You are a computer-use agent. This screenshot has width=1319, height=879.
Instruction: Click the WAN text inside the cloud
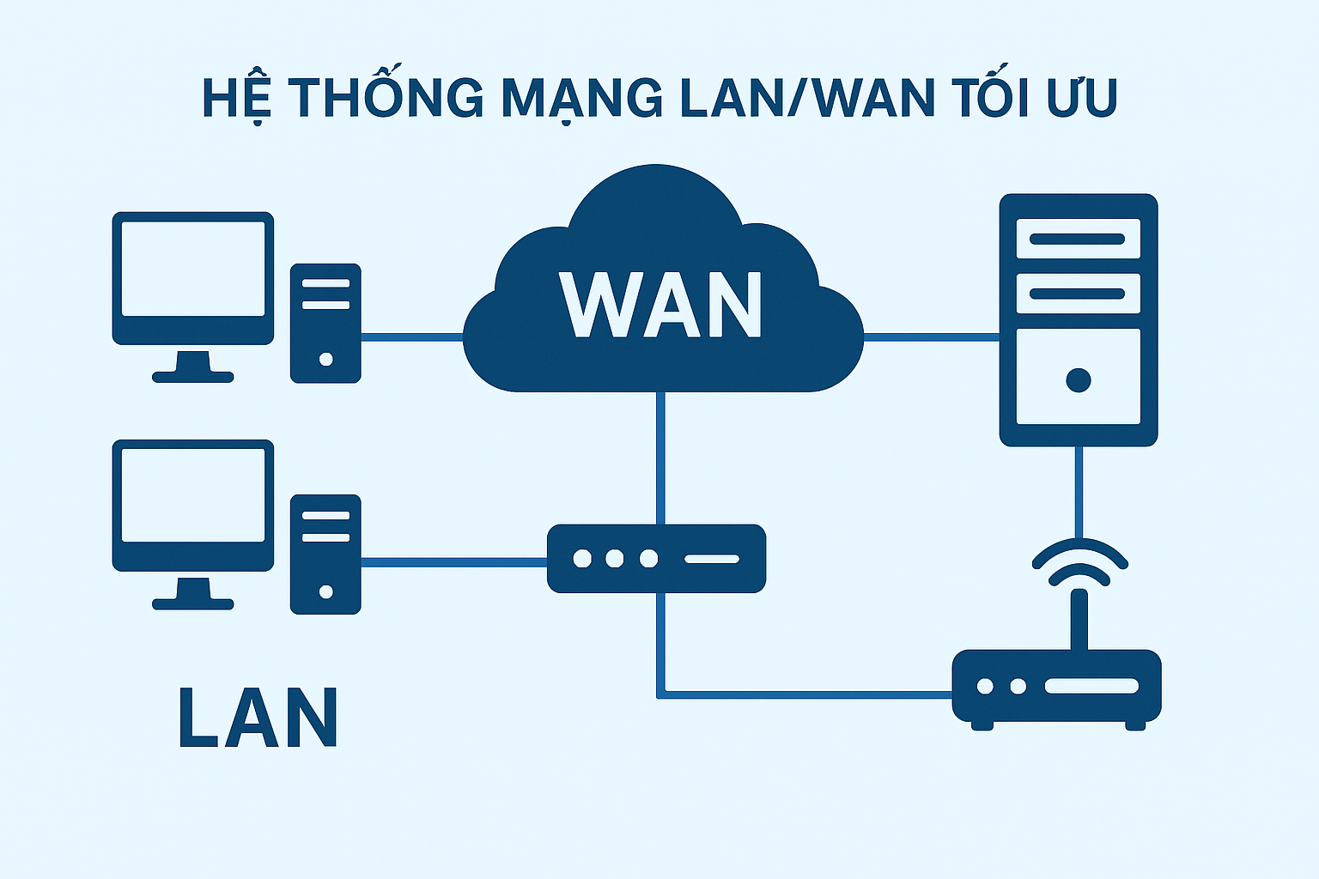pos(660,306)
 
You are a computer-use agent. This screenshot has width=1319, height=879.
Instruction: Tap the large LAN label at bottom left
pos(258,718)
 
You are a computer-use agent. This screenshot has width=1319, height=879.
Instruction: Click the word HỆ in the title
pos(237,98)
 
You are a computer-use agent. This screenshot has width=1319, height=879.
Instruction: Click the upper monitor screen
pos(193,269)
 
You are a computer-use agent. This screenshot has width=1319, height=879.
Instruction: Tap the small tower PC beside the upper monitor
pos(325,323)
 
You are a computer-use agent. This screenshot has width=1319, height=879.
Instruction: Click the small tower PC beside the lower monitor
pos(325,554)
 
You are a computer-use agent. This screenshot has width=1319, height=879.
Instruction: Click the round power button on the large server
pos(1078,379)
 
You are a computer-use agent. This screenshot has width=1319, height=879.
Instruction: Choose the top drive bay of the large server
pos(1078,239)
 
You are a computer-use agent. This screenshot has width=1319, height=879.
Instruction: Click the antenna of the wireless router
pos(1079,618)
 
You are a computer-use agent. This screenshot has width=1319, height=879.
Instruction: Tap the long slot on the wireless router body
pos(1091,687)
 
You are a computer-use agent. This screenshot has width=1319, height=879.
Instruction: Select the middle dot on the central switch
pos(615,559)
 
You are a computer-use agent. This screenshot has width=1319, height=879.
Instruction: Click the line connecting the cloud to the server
pos(932,337)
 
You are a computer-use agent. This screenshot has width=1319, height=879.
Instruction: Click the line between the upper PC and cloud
pos(412,337)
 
